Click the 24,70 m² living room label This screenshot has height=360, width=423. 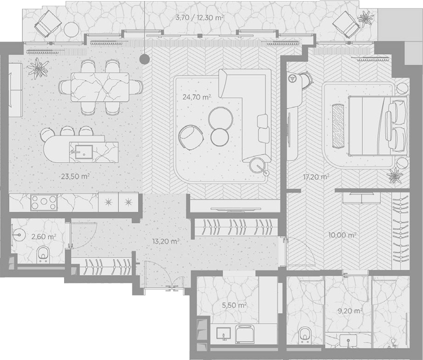click(197, 97)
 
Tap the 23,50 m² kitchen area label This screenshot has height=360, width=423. click(75, 176)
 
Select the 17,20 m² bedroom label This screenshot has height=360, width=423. click(316, 177)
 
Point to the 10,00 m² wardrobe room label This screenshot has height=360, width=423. click(342, 235)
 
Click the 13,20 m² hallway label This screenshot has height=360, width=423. click(166, 241)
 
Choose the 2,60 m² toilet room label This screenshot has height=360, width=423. click(44, 237)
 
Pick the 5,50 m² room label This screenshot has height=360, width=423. click(234, 305)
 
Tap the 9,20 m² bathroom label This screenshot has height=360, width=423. click(350, 311)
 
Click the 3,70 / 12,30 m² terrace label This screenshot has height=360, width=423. click(199, 18)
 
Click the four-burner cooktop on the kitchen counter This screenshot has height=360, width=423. click(44, 203)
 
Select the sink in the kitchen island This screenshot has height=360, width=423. click(84, 152)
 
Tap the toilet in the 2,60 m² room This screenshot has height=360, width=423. click(43, 254)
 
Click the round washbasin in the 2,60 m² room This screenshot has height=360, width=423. click(18, 234)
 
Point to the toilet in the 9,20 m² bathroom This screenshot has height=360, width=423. click(305, 335)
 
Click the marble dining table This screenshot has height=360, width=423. click(100, 87)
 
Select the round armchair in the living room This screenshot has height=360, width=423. click(190, 137)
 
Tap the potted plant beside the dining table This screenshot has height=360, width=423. click(38, 68)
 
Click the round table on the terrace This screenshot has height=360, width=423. click(71, 29)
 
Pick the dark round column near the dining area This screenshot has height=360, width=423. click(145, 58)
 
